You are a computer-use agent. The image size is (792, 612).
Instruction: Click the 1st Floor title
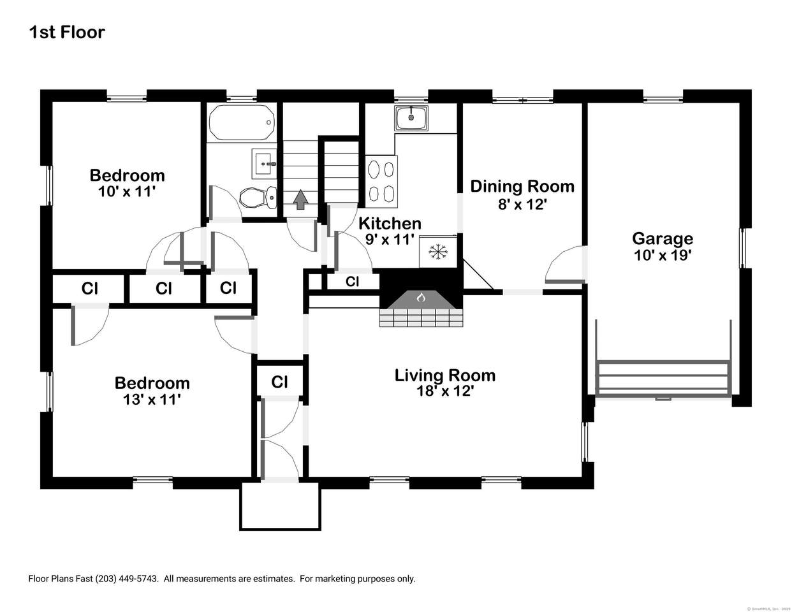click(x=66, y=33)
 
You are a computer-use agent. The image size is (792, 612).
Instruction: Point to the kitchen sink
click(x=411, y=117)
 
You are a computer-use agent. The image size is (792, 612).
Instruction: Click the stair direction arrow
click(x=300, y=200)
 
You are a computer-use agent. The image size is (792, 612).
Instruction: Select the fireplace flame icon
click(x=420, y=298)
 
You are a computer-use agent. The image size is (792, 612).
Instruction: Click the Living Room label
click(x=444, y=375)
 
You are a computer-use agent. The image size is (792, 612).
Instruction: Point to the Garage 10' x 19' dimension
click(x=663, y=255)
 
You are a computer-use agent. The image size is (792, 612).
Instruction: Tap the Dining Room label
click(x=522, y=186)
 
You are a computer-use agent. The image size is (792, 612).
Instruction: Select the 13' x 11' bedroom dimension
click(x=152, y=399)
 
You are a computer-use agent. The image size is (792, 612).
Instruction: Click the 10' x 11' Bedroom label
click(x=127, y=175)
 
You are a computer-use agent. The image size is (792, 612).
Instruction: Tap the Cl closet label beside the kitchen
click(x=352, y=281)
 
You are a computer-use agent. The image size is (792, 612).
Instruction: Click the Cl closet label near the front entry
click(x=279, y=382)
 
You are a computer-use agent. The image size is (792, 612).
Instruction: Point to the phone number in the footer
click(x=127, y=579)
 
